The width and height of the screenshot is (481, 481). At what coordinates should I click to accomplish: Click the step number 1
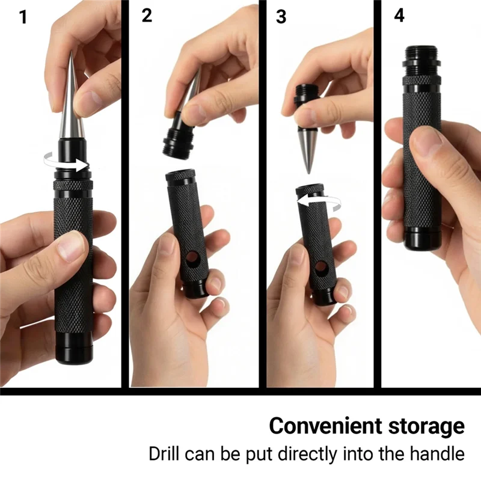(23, 17)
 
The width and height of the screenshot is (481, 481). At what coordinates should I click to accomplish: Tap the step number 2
(147, 16)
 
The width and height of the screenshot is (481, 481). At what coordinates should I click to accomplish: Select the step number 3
(281, 17)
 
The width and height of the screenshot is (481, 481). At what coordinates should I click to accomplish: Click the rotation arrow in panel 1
(66, 162)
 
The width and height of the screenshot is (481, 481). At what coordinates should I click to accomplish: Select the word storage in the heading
(426, 426)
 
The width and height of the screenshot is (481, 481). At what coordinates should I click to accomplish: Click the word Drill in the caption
(165, 453)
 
